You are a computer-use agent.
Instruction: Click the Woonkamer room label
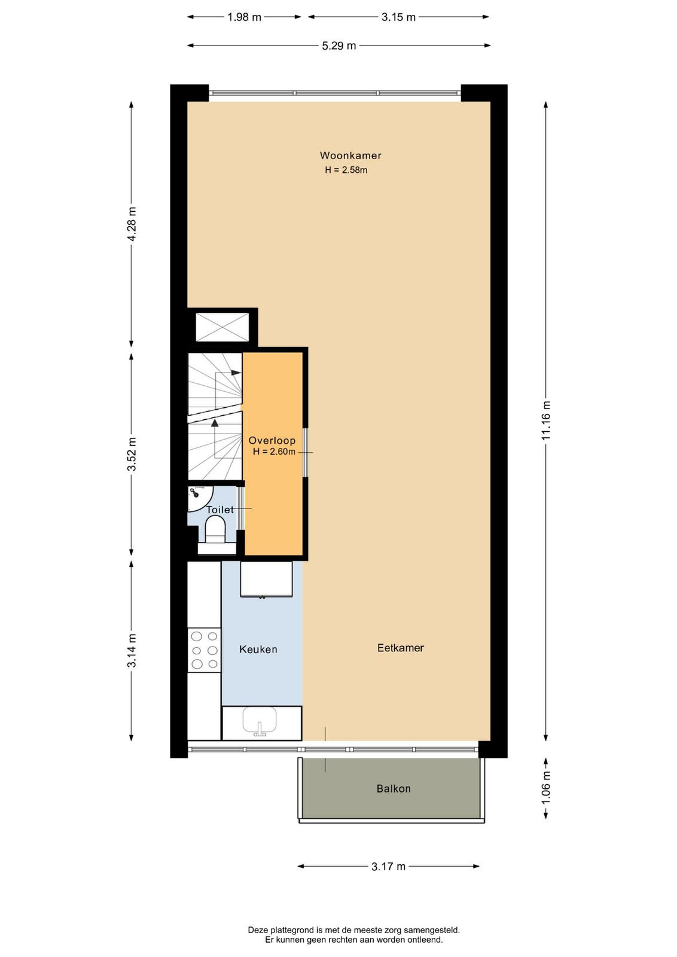tap(350, 156)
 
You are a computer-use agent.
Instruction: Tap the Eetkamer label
tap(400, 648)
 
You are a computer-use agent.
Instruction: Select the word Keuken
tap(258, 650)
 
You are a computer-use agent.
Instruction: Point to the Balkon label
tap(394, 788)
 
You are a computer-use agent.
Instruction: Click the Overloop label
tap(272, 440)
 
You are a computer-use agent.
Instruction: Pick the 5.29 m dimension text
tap(338, 45)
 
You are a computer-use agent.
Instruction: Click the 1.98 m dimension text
tap(244, 17)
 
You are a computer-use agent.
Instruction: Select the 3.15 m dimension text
tap(398, 17)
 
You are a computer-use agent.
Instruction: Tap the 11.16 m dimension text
tap(546, 421)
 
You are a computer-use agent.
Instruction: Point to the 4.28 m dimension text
tap(132, 224)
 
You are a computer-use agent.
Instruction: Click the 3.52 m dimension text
tap(132, 454)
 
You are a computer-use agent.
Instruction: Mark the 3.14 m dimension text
tap(132, 650)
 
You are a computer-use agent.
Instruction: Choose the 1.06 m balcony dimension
tap(546, 788)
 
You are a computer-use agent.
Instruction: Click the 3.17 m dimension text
tap(388, 867)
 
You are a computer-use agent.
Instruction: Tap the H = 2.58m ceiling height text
tap(346, 170)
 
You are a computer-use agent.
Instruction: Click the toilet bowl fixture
tap(215, 529)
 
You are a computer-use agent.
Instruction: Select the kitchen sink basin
tap(260, 720)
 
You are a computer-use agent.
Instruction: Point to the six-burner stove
tap(204, 650)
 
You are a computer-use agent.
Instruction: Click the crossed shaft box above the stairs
tap(222, 327)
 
